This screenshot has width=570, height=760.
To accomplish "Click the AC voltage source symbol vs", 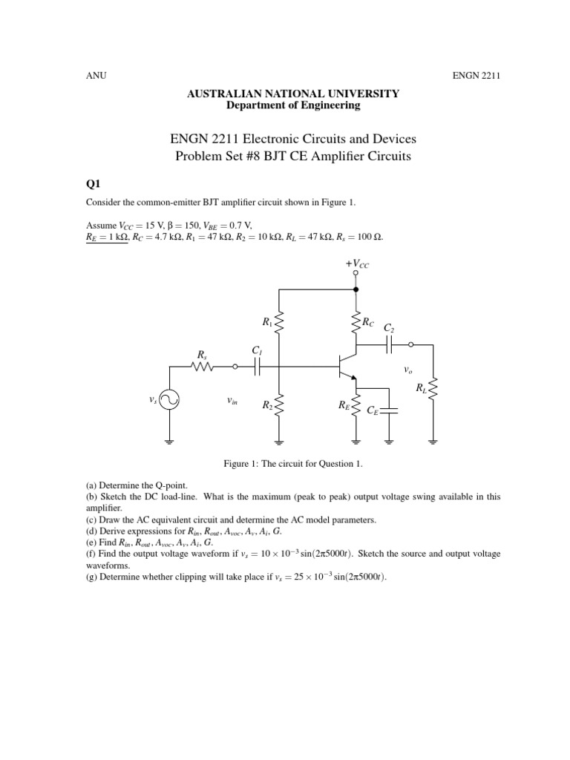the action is coord(170,400).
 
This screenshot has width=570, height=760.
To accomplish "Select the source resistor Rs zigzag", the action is coord(203,367).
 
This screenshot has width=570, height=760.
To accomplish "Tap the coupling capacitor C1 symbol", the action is coord(257,367).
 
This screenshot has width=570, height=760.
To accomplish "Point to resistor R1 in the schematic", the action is coord(278,322).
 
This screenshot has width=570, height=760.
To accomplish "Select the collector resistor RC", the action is coord(356,322).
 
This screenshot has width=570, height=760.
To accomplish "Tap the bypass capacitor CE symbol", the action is coord(389,410).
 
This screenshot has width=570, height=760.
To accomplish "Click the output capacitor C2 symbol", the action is coord(389,344).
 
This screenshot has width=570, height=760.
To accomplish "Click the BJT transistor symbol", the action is coord(347,366).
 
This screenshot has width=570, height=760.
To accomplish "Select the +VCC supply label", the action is coord(357,263).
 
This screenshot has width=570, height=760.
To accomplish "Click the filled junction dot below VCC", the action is coord(356,289).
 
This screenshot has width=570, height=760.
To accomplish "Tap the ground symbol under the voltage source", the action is coord(170,442).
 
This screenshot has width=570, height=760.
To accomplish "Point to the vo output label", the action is coord(407,371).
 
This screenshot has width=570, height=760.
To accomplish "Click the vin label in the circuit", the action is coord(232,401).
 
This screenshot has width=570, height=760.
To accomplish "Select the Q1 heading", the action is coord(93,183).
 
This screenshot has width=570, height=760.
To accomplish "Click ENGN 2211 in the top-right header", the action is coord(476,76).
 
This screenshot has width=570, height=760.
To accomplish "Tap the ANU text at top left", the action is coord(96,76).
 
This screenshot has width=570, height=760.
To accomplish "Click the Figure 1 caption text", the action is coord(292,464).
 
